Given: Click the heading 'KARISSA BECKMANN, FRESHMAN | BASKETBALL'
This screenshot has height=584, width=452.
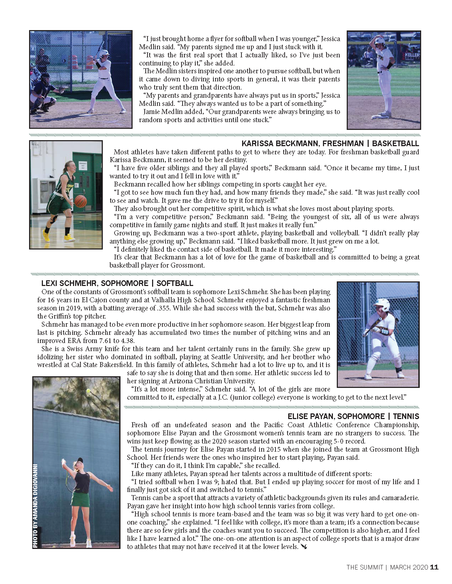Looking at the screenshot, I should pos(330,143).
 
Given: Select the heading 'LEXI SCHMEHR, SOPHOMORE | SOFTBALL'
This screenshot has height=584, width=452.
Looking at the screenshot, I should pos(117,283).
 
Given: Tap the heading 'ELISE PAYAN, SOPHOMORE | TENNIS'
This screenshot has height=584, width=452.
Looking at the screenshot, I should pos(353,416).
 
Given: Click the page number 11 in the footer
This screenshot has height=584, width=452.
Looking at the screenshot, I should pos(434,567).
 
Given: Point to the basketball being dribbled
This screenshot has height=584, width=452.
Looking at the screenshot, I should pos(81,201).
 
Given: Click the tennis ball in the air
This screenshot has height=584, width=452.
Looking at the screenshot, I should pos(89,391).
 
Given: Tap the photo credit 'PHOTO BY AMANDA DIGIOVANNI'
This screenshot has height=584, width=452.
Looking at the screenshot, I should pos(35,506).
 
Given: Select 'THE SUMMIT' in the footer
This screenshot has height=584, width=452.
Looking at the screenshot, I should pos(364,567).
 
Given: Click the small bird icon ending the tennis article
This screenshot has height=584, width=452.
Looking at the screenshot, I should pos(304,547).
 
